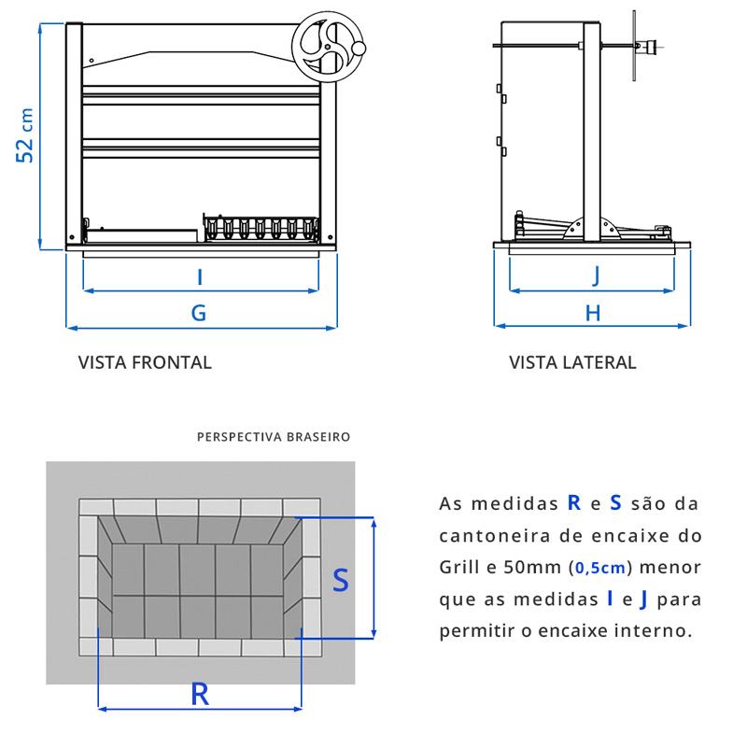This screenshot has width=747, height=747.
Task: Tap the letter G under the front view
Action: tap(199, 313)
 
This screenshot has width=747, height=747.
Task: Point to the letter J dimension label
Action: tap(595, 275)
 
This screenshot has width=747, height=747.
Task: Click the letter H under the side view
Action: tap(593, 313)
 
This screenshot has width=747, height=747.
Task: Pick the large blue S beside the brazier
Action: tap(341, 580)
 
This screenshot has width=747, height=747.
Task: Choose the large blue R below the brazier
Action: tap(199, 693)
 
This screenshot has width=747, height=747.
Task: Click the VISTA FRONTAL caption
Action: tap(145, 362)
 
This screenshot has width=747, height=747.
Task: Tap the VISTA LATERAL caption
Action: tap(572, 362)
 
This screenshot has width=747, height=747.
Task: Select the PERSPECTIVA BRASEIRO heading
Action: tap(274, 436)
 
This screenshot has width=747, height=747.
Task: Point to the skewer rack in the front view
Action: tap(261, 229)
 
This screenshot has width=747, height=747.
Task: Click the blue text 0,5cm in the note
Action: tap(599, 567)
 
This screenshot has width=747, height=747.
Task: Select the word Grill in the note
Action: tap(460, 567)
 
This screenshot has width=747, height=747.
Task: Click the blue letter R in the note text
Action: tap(573, 503)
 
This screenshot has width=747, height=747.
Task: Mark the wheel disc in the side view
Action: tap(635, 45)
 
